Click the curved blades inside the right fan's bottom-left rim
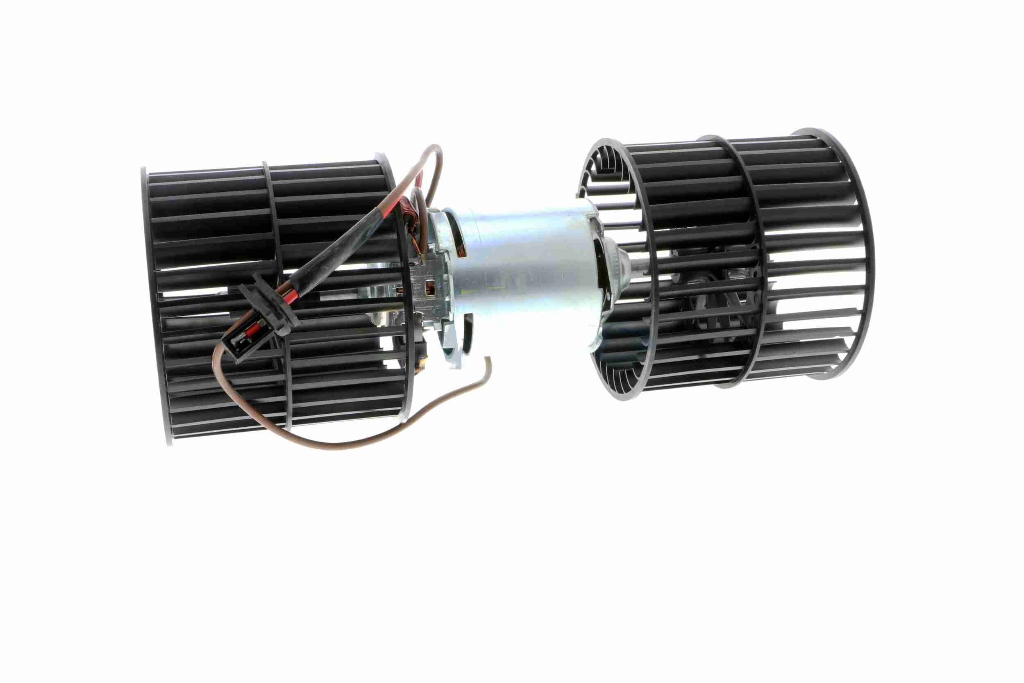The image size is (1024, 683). pyautogui.click(x=618, y=379)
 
